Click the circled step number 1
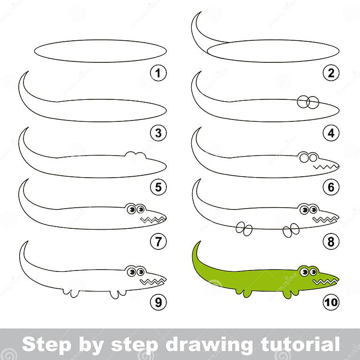158,73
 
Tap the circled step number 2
331,73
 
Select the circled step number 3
158,133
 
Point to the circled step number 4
331,133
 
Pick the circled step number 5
158,187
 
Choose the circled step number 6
331,187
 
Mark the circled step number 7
158,242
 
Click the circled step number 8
331,242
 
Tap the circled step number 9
158,302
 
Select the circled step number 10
331,302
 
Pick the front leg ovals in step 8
291,229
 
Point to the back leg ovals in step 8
244,228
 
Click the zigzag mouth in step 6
326,166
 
